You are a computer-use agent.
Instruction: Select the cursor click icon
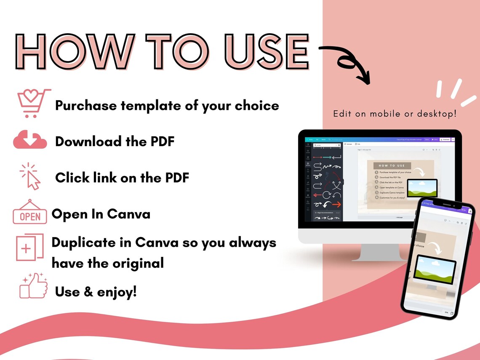30,176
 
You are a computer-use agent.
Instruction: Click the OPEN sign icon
30,212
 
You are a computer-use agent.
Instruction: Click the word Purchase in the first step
86,105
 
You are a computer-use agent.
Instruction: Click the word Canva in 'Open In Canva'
131,214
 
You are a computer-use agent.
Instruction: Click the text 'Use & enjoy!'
96,291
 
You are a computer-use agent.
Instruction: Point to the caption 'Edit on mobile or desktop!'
395,114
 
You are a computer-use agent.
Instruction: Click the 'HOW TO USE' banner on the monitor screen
392,166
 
